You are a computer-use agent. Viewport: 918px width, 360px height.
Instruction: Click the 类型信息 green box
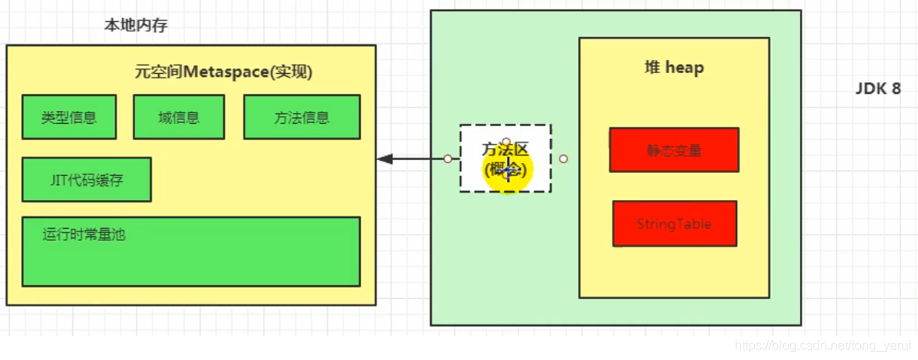pos(69,117)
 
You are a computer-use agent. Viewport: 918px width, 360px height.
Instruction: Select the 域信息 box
pos(178,117)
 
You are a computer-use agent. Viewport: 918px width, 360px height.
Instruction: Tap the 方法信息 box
pos(301,117)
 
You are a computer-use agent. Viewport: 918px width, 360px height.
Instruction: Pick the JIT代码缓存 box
pos(86,179)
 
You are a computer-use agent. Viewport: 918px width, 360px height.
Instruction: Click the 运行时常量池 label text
pos(84,235)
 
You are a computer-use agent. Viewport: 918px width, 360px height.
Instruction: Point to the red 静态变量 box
pos(674,149)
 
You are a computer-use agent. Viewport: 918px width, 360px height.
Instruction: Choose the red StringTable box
pos(674,223)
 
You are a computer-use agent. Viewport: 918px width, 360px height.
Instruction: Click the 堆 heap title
pos(674,67)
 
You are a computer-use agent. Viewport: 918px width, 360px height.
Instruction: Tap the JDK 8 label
pos(878,89)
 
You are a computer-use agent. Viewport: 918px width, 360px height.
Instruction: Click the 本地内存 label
pos(136,26)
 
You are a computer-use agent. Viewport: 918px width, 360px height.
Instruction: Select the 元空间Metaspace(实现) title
pos(223,72)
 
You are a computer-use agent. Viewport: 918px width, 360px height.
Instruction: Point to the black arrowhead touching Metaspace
pos(385,159)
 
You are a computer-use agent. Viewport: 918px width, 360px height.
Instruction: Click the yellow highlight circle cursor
pos(508,170)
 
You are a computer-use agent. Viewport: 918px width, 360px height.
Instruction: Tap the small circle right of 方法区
pos(564,159)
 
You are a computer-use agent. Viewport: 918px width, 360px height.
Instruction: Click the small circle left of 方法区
pos(447,159)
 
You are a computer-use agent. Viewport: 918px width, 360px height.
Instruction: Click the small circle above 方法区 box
pos(506,141)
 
